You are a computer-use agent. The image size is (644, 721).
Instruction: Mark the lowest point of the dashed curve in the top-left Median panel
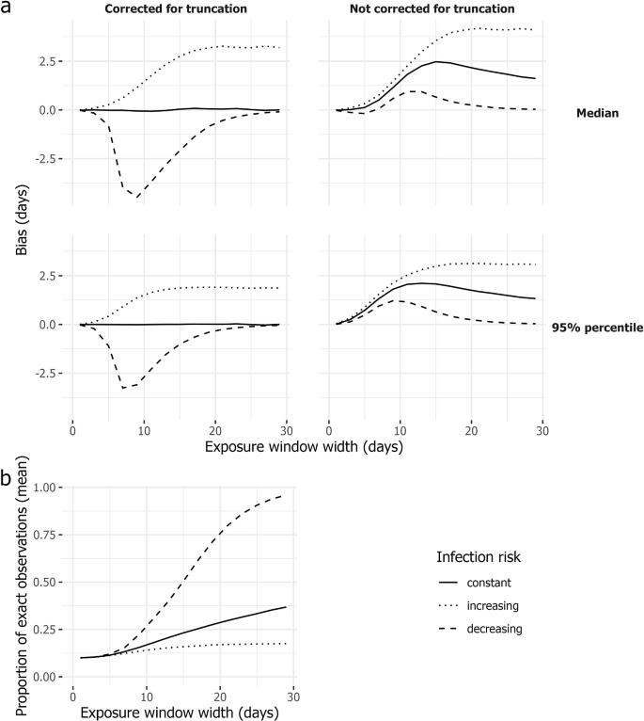pyautogui.click(x=137, y=197)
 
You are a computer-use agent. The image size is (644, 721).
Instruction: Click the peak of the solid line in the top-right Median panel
pyautogui.click(x=437, y=62)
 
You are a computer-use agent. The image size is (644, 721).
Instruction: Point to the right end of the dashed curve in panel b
pyautogui.click(x=285, y=495)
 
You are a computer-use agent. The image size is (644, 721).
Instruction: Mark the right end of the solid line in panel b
pyautogui.click(x=285, y=607)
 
